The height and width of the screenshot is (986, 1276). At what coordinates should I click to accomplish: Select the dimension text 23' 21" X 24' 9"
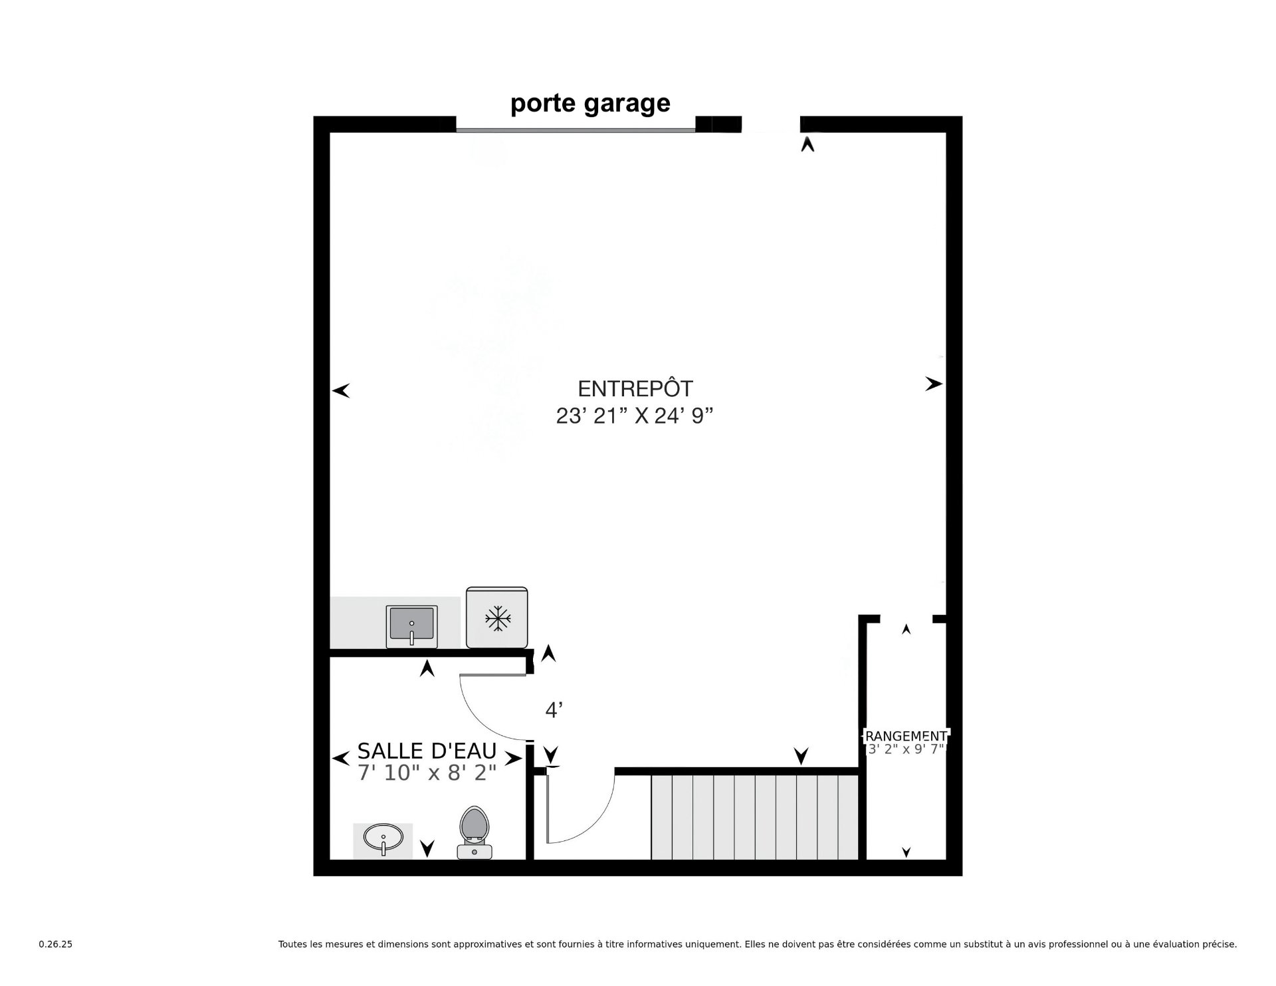(635, 416)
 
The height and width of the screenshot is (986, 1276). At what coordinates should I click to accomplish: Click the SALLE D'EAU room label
(427, 751)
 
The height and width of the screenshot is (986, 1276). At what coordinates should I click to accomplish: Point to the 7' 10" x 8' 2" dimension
(427, 773)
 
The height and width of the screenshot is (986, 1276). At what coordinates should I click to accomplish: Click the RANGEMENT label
(906, 736)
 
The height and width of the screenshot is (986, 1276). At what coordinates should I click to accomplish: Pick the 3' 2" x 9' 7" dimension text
(906, 749)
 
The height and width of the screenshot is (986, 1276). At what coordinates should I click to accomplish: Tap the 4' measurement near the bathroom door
(554, 711)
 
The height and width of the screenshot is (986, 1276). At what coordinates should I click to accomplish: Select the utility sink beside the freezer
(412, 626)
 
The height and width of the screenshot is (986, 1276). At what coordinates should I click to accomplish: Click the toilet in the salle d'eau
(475, 832)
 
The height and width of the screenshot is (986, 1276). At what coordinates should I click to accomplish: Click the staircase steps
(755, 817)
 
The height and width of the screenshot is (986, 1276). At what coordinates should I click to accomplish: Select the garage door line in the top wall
(576, 130)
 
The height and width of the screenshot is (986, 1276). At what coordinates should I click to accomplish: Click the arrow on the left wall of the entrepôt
(341, 391)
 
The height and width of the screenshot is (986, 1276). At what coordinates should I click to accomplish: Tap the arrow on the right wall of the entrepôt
(934, 384)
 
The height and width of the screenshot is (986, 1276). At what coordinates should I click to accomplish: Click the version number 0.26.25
(56, 944)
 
